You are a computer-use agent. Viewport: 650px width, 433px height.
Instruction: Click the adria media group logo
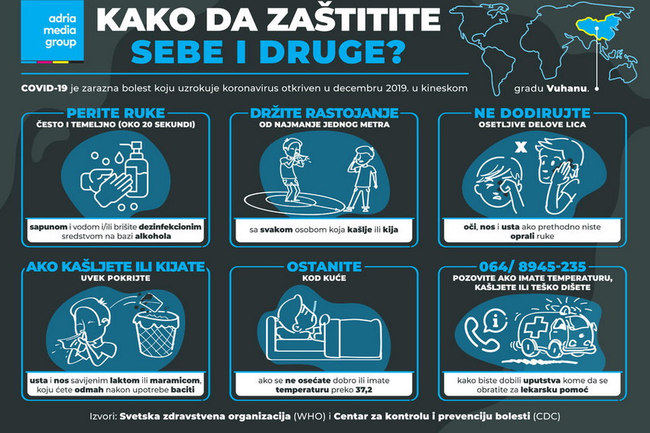(x=53, y=31)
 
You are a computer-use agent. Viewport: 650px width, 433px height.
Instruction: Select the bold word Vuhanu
(x=567, y=88)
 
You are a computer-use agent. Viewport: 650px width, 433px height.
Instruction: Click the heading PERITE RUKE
(x=115, y=112)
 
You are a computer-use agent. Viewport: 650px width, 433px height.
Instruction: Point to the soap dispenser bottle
(x=135, y=169)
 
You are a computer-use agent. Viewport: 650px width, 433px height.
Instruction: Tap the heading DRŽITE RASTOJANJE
(x=324, y=112)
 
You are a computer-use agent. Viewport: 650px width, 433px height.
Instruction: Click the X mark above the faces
(x=521, y=147)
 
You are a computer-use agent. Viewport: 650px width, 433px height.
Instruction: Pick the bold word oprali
(x=523, y=236)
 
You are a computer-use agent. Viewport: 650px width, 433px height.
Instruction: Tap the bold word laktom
(x=125, y=380)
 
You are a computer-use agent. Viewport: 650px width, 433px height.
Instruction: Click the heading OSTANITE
(x=324, y=266)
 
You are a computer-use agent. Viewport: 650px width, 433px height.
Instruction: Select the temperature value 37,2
(x=363, y=390)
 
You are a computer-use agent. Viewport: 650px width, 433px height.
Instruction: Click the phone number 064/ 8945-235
(x=533, y=266)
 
